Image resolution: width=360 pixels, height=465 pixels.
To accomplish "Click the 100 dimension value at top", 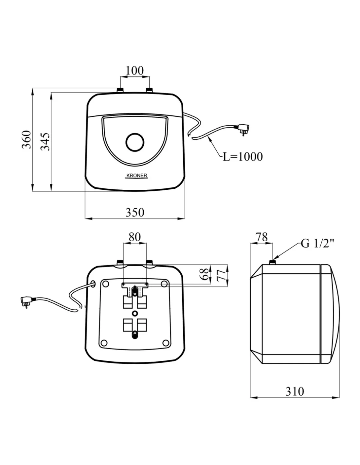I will point(135,71).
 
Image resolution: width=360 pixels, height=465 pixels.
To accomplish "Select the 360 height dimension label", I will point(27,139).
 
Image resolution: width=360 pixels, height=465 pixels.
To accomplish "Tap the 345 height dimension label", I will point(45,142).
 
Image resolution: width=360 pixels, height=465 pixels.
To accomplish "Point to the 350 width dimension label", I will point(135,213).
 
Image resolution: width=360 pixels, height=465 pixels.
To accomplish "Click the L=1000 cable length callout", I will point(243,157).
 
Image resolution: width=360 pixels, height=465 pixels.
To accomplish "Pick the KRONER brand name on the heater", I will point(137,176).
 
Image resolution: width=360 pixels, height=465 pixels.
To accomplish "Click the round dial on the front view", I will point(135,142).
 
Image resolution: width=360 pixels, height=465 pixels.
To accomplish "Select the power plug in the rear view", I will point(26,301).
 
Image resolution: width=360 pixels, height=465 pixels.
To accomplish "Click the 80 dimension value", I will point(135,237).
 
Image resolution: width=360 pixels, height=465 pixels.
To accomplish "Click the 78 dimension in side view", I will point(262,237).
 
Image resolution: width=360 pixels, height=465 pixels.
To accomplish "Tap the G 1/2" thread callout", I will point(317,244).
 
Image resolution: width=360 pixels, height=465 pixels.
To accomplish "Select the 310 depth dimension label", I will point(295,391).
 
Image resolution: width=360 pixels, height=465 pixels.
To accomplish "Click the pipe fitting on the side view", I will point(273,262).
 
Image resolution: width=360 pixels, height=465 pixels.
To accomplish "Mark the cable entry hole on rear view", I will point(93,283).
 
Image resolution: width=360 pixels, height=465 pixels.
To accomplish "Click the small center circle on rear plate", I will point(135,314).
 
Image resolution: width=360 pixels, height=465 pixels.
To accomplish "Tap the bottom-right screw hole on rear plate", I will point(165,343).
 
